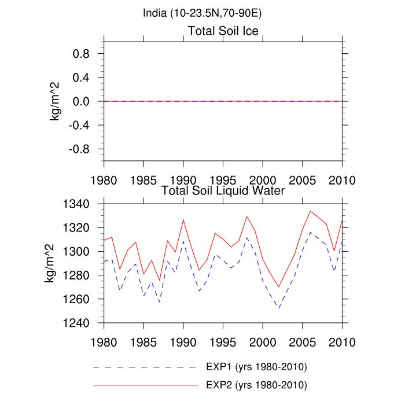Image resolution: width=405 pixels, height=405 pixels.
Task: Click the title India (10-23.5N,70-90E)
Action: click(202, 13)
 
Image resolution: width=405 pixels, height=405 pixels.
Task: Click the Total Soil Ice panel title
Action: click(223, 31)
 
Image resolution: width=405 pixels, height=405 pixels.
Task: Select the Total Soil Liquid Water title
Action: click(223, 190)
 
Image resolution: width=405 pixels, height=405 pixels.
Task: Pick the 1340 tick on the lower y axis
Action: click(75, 204)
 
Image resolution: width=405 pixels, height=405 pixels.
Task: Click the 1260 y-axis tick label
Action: click(75, 299)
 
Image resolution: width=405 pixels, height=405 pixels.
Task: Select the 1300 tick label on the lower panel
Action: click(75, 252)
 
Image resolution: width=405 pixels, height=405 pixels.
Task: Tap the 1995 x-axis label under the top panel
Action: click(223, 179)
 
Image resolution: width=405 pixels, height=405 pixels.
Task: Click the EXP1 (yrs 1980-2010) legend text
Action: click(256, 367)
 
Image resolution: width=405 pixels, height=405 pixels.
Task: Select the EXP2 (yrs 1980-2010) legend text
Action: click(256, 385)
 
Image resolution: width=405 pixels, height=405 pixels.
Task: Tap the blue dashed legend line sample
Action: click(145, 367)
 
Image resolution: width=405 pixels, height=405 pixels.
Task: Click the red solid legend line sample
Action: click(145, 385)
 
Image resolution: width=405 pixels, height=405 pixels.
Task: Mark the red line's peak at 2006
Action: click(310, 211)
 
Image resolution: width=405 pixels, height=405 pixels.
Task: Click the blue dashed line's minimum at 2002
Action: click(278, 308)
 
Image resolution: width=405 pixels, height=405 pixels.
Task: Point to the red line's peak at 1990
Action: click(183, 220)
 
